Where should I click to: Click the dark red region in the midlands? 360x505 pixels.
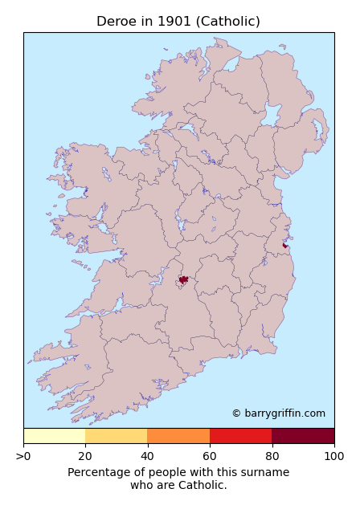click(x=183, y=279)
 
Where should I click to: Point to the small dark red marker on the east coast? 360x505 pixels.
click(x=284, y=246)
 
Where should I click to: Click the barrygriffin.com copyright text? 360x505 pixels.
click(x=278, y=413)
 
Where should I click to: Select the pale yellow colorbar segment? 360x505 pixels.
click(x=54, y=436)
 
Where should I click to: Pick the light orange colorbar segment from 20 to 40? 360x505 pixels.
click(x=117, y=436)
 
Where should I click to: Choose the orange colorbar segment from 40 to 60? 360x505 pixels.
click(x=178, y=436)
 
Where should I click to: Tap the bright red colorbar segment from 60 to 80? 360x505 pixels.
click(x=241, y=436)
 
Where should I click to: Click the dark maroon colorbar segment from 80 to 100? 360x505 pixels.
click(x=303, y=436)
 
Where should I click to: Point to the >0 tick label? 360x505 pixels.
click(x=23, y=457)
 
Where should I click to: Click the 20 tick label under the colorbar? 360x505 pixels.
click(x=85, y=457)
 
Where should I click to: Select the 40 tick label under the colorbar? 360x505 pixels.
click(x=148, y=457)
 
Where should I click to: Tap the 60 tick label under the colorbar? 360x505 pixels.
click(x=210, y=457)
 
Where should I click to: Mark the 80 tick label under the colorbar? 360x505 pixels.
click(x=272, y=457)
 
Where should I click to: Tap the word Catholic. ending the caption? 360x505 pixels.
click(x=202, y=486)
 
